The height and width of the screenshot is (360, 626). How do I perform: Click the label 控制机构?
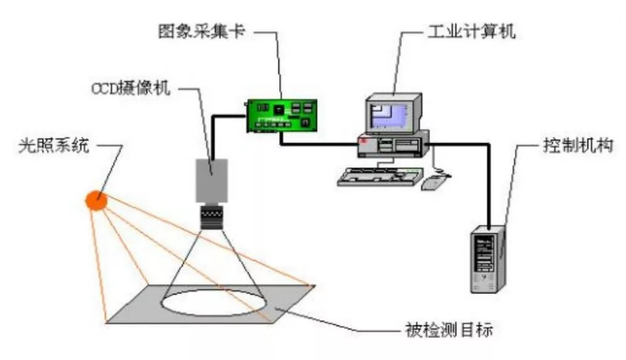pyautogui.click(x=571, y=145)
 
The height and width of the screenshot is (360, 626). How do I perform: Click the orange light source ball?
pyautogui.click(x=97, y=200)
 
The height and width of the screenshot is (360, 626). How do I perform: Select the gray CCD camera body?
pyautogui.click(x=210, y=179)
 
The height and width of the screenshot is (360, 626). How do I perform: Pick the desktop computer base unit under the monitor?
pyautogui.click(x=393, y=144)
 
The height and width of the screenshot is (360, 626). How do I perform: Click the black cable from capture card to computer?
pyautogui.click(x=322, y=142)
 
